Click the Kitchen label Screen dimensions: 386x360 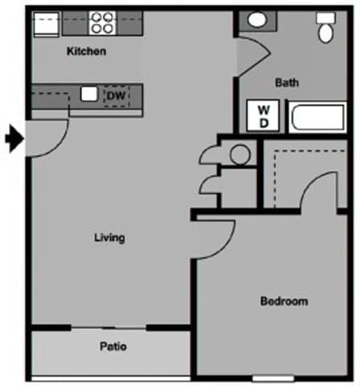click(86, 51)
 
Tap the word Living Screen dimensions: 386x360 click(109, 237)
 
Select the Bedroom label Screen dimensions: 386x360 click(284, 302)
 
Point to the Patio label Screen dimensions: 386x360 click(113, 347)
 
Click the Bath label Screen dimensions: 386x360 click(287, 82)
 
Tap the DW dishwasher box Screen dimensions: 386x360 click(117, 96)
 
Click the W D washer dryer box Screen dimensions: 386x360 click(263, 116)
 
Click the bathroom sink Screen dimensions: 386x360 click(258, 20)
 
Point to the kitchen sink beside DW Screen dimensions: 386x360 click(88, 94)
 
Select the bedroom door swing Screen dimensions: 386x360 click(214, 240)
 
